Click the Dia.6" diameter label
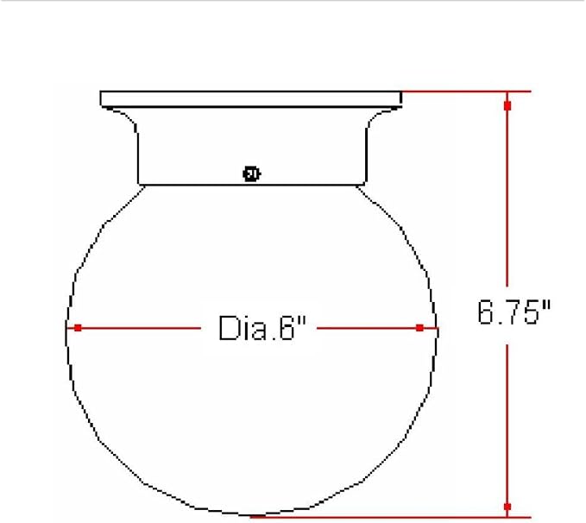(x=262, y=328)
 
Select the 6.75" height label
(x=514, y=312)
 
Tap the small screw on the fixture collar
(x=251, y=173)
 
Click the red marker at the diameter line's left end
(x=78, y=328)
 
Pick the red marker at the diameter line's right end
(x=419, y=328)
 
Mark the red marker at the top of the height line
(x=507, y=106)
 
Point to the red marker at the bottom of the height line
(x=507, y=507)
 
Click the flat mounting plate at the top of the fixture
(x=251, y=98)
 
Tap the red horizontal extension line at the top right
(x=466, y=91)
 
